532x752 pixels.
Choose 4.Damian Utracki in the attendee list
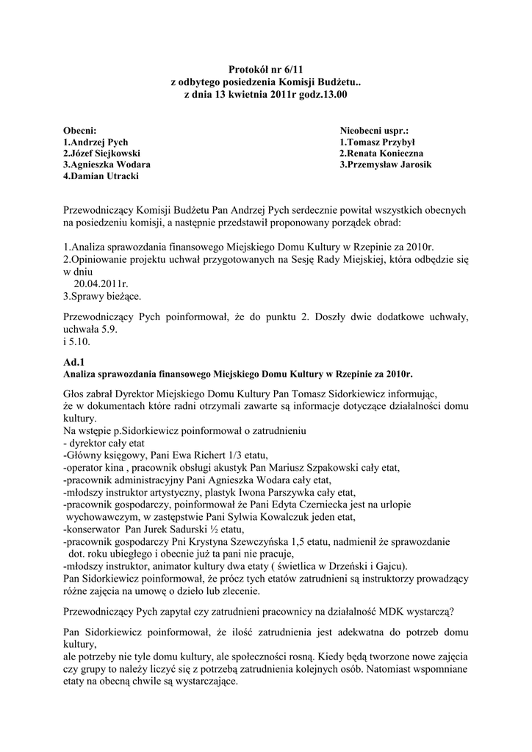click(101, 176)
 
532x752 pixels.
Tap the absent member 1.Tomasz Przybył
click(378, 141)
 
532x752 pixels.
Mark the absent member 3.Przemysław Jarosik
click(386, 165)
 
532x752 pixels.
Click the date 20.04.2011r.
click(101, 283)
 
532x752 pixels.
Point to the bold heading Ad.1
click(75, 361)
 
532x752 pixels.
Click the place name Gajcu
click(386, 566)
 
